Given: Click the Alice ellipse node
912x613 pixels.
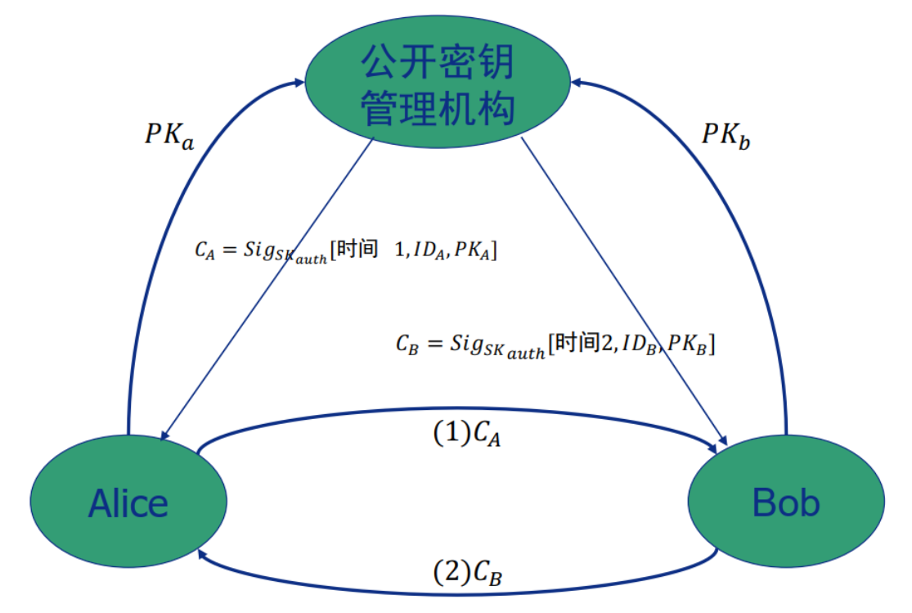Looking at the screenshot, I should pyautogui.click(x=128, y=500).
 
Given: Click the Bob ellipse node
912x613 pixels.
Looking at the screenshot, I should pyautogui.click(x=786, y=500).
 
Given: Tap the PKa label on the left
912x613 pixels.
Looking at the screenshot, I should pyautogui.click(x=169, y=135).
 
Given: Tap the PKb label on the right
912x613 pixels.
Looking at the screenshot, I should pyautogui.click(x=726, y=135).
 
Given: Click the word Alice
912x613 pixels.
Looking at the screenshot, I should pyautogui.click(x=128, y=503).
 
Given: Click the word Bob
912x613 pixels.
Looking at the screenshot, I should pyautogui.click(x=786, y=502).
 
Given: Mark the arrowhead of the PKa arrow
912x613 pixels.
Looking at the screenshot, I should pyautogui.click(x=300, y=81).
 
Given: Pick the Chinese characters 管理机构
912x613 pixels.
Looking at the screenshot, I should pyautogui.click(x=439, y=108).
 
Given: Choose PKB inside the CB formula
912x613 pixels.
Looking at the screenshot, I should pyautogui.click(x=687, y=345).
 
